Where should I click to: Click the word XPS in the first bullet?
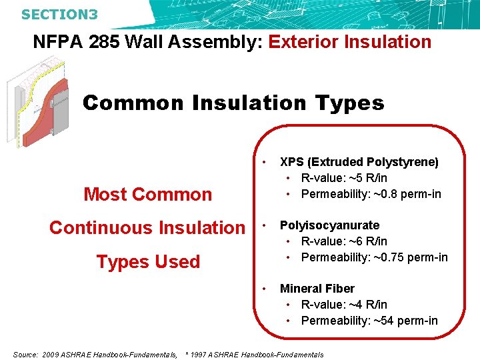(291, 162)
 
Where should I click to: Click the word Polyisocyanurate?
(329, 225)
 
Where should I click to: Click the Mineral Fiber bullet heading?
(317, 289)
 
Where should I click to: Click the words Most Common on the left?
(147, 195)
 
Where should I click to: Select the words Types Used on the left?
(148, 262)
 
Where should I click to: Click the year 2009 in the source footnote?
(51, 355)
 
